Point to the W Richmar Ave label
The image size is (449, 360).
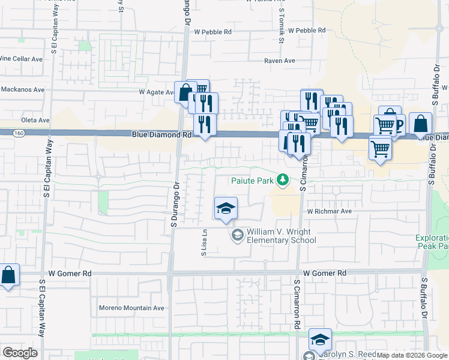coord(329,212)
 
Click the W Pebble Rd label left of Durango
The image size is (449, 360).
coord(208,32)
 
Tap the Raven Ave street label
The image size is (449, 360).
coord(280,61)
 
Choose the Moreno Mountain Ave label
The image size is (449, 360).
coord(131,308)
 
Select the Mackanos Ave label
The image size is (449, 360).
coord(22,90)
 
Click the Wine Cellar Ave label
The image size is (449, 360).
coord(22,59)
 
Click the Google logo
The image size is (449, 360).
coord(20,353)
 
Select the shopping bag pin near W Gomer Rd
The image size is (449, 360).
coord(9,276)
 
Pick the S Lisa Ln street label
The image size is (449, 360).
coord(204,244)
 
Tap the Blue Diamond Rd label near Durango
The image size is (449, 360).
coord(161,136)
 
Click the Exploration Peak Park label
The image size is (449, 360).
coord(432,242)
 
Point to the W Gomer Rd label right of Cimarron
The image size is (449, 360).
coord(325,273)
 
